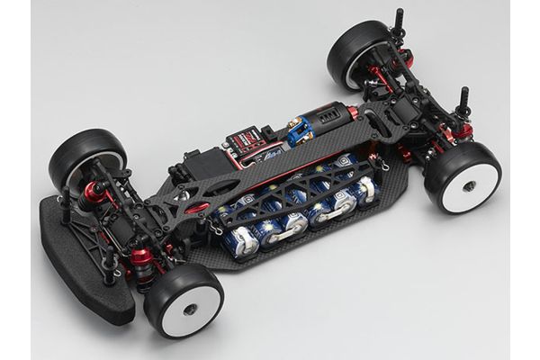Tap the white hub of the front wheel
(191, 305)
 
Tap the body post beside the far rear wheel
(399, 27)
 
